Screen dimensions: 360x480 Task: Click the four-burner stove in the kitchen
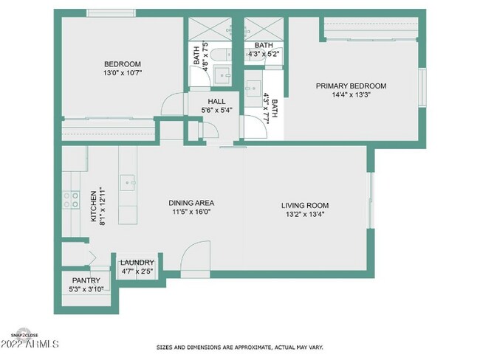tap(72, 199)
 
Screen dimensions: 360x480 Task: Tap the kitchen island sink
tap(129, 180)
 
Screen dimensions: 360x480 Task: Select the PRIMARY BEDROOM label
tap(351, 86)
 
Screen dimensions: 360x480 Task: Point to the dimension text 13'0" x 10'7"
tap(122, 73)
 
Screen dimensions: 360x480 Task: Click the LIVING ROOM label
tap(304, 205)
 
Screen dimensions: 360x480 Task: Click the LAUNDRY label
tap(137, 263)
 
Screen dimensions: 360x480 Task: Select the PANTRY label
tap(86, 280)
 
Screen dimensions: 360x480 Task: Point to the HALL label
tap(216, 102)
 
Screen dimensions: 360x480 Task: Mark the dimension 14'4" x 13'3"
tap(351, 95)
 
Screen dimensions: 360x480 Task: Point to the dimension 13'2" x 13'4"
tap(304, 215)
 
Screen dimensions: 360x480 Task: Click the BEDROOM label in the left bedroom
tap(122, 64)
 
